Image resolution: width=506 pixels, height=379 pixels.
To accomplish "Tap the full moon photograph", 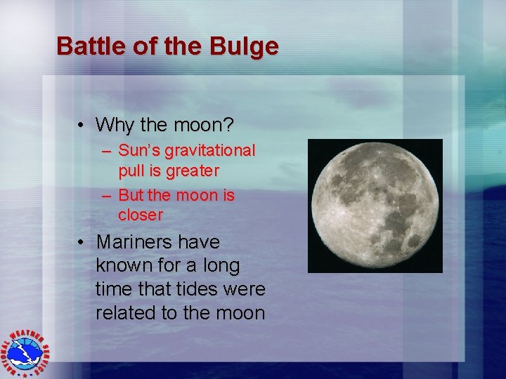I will point(375,206).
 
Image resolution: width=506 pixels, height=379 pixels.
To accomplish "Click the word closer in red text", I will point(141,215).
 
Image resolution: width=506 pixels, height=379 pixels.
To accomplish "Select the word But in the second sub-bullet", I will point(131,195).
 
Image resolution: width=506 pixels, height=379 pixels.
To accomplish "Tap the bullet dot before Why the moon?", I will point(82,126).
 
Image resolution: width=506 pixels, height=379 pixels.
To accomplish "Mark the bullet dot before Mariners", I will point(82,242).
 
